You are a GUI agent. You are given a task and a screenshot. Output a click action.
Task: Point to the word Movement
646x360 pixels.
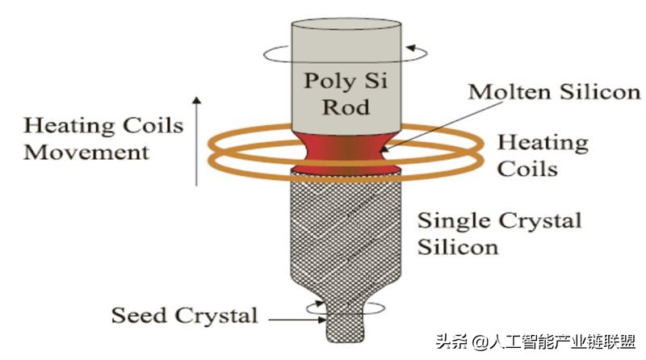(86, 151)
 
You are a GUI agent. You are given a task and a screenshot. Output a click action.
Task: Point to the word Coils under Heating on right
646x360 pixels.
(526, 168)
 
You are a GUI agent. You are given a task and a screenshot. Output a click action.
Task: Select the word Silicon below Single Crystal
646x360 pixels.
(459, 245)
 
